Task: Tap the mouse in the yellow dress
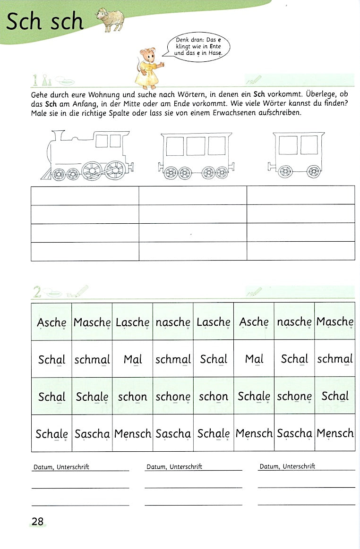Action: tap(148, 66)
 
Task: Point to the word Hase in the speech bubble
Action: tap(213, 53)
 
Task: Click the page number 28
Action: tap(37, 521)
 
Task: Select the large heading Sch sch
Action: tap(44, 22)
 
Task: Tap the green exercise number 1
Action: tap(36, 79)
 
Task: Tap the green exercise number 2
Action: tap(36, 293)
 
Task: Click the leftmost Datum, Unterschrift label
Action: tap(61, 467)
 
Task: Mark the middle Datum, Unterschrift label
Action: tap(174, 467)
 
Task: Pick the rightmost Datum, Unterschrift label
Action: tap(287, 466)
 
